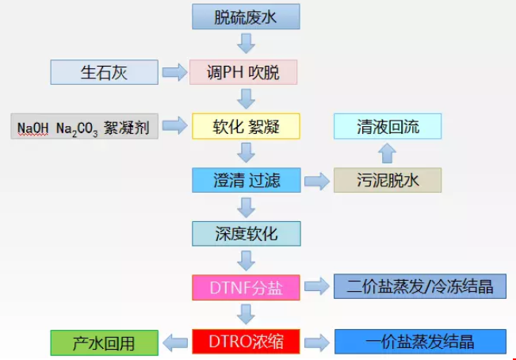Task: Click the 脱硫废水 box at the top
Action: (x=247, y=17)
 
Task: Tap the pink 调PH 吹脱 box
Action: (x=243, y=72)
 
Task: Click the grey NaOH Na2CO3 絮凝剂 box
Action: (x=85, y=126)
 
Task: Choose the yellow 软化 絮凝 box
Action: (x=247, y=126)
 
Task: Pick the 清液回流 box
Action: (x=388, y=126)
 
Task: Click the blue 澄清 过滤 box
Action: (x=247, y=180)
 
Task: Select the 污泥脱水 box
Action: (x=388, y=180)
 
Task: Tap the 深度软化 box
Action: (x=247, y=233)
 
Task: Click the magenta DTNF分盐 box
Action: (x=247, y=286)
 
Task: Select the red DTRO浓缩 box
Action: (x=247, y=342)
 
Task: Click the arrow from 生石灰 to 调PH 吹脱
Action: (x=174, y=73)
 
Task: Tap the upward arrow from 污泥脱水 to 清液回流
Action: (x=387, y=153)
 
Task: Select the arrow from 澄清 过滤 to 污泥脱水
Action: (x=317, y=181)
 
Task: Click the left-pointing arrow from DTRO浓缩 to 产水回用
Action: (x=174, y=342)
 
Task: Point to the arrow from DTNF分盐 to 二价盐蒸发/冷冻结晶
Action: (x=317, y=287)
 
